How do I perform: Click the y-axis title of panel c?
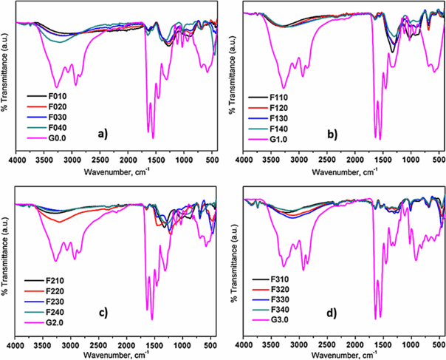[5, 268]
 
